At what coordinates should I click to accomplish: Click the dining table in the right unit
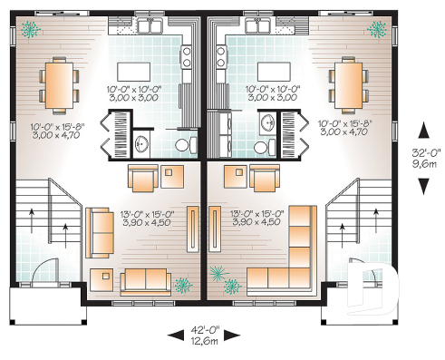(347, 83)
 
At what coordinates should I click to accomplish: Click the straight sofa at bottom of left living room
(146, 277)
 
